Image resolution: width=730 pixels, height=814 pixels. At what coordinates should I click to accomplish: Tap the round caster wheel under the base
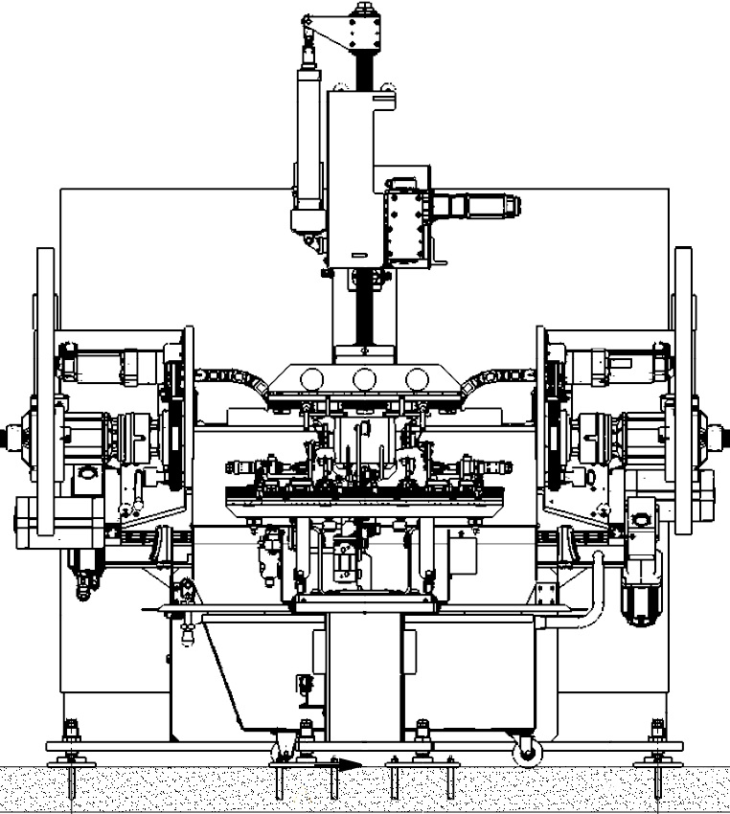pyautogui.click(x=526, y=754)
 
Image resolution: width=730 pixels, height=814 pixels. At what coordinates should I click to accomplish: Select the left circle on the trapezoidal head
pyautogui.click(x=312, y=379)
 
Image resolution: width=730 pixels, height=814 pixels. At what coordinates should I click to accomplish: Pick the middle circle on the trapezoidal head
pyautogui.click(x=364, y=379)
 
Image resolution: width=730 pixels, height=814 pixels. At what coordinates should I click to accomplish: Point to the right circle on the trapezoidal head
pyautogui.click(x=416, y=379)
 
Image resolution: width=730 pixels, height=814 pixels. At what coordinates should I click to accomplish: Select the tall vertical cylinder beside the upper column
pyautogui.click(x=308, y=153)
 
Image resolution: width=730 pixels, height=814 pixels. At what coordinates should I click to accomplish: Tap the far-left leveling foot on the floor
pyautogui.click(x=73, y=761)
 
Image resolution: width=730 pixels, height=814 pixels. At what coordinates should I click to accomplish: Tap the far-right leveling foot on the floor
pyautogui.click(x=657, y=761)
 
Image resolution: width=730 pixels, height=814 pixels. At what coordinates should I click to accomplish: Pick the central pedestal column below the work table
pyautogui.click(x=364, y=675)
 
